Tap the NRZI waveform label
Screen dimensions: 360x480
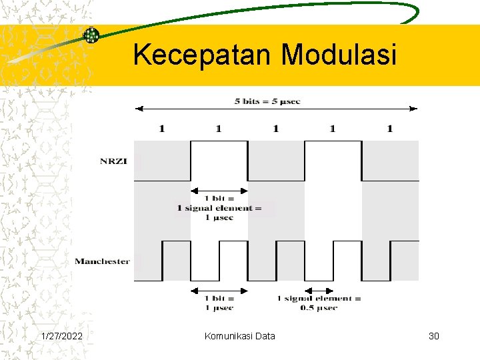coord(117,160)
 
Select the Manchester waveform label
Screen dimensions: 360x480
coord(102,261)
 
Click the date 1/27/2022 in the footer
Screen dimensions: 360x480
coord(62,336)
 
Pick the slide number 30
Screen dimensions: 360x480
coord(434,336)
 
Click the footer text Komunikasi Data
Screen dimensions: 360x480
coord(239,336)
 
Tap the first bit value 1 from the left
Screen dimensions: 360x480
coord(161,128)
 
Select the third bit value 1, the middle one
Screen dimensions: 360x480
coord(275,128)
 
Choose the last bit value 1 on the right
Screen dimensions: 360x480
coord(389,128)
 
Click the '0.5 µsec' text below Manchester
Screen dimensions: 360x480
coord(319,307)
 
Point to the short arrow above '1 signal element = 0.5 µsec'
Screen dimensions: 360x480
coord(319,290)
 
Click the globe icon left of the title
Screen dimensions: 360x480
coord(91,35)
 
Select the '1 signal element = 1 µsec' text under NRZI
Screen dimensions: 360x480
coord(219,208)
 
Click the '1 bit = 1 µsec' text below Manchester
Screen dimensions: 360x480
coord(219,303)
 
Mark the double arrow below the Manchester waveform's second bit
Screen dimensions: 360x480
coord(219,290)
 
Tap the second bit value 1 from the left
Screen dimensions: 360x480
coord(219,128)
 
